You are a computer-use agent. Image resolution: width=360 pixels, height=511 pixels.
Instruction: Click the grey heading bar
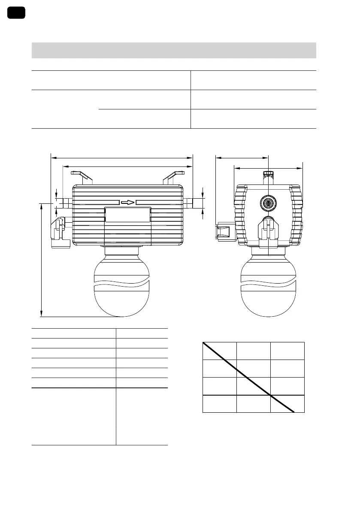[174, 50]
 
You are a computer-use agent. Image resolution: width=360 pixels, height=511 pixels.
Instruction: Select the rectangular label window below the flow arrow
[128, 215]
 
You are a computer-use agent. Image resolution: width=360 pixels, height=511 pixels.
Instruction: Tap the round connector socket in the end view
[268, 202]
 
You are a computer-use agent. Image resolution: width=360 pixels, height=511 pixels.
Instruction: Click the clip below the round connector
[268, 230]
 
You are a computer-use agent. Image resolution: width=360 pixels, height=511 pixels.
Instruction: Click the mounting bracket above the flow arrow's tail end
[82, 177]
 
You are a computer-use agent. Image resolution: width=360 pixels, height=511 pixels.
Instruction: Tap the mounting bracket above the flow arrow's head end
[173, 177]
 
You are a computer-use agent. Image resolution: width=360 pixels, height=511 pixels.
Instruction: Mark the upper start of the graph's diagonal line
[203, 343]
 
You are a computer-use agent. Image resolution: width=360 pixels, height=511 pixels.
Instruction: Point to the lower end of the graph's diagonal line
[293, 412]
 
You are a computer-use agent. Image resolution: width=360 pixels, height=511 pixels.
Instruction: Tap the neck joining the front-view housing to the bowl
[122, 252]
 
